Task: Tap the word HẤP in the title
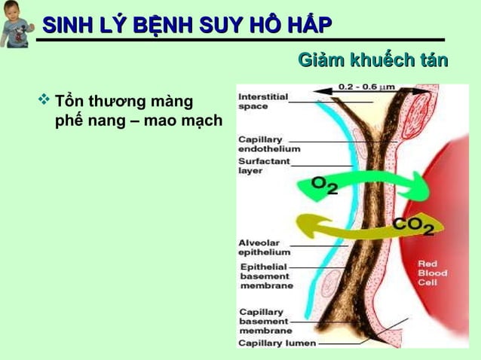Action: (309, 26)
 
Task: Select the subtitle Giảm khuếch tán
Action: (373, 59)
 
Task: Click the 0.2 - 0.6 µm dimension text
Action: (366, 87)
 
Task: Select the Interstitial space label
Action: (262, 102)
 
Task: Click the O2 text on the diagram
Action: (325, 186)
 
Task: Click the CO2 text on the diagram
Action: (413, 225)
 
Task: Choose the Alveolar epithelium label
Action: (262, 248)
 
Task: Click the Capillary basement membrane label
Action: (264, 321)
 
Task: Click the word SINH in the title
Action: (66, 26)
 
